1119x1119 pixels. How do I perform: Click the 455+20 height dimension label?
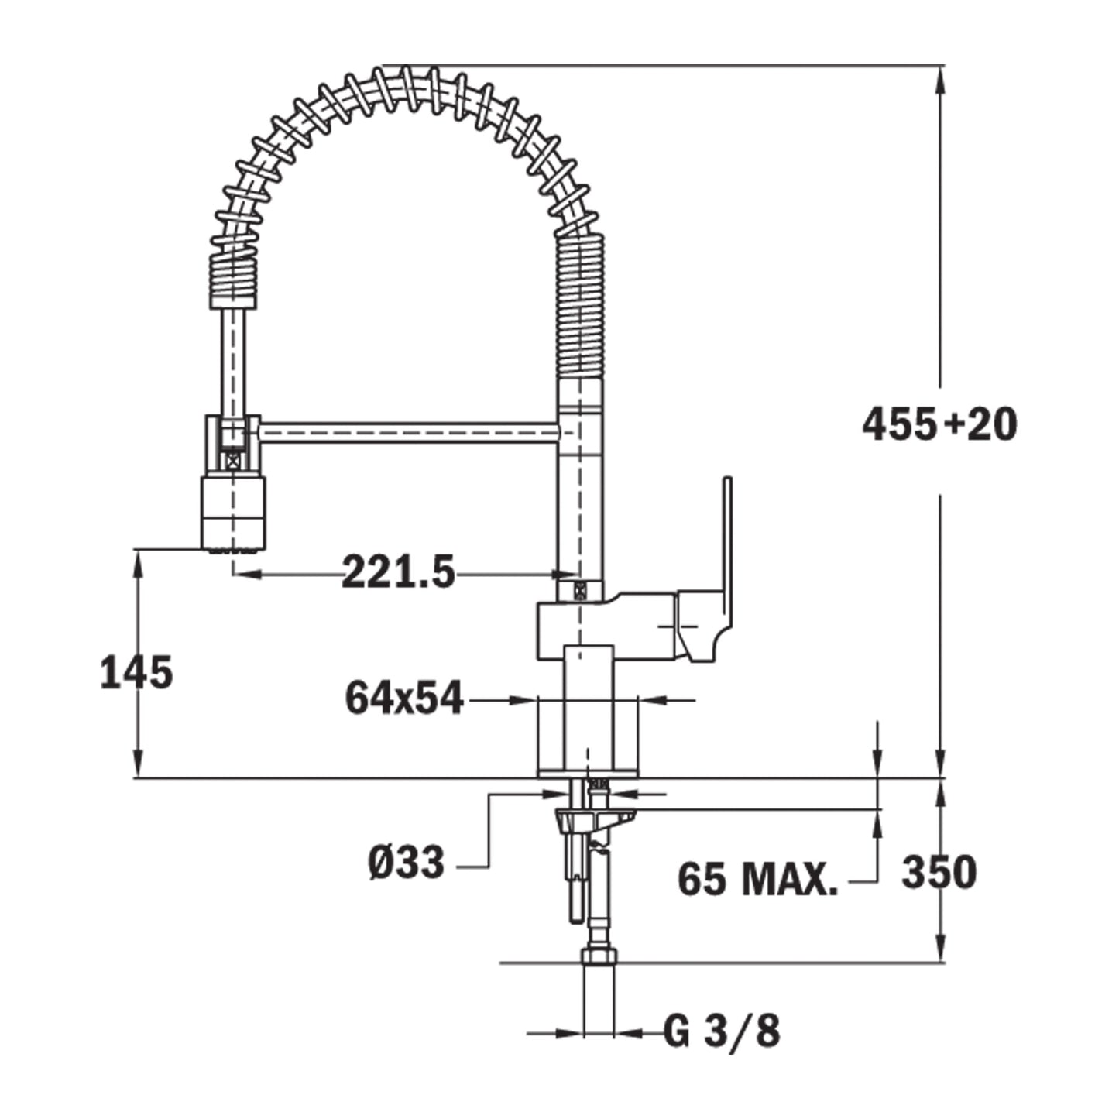coord(939,425)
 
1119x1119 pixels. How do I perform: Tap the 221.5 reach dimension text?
coord(398,572)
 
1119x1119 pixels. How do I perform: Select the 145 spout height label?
coord(136,672)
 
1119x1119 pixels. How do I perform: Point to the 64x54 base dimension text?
coord(404,698)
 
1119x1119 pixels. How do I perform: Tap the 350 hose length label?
coord(939,872)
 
